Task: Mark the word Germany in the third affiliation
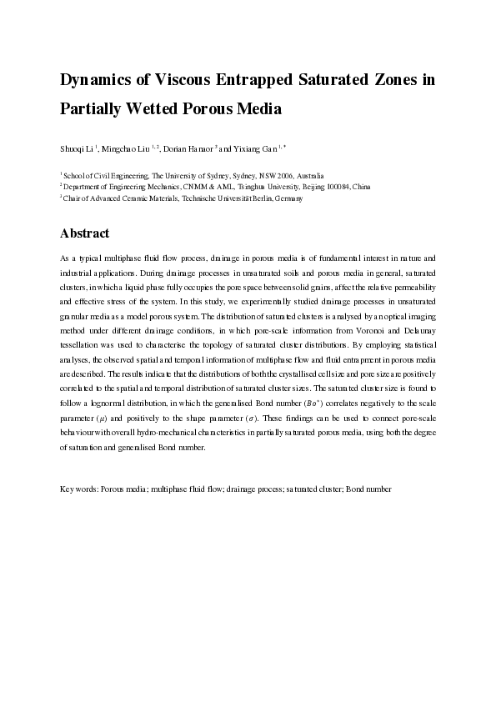pyautogui.click(x=287, y=198)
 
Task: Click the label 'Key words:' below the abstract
pyautogui.click(x=79, y=487)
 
